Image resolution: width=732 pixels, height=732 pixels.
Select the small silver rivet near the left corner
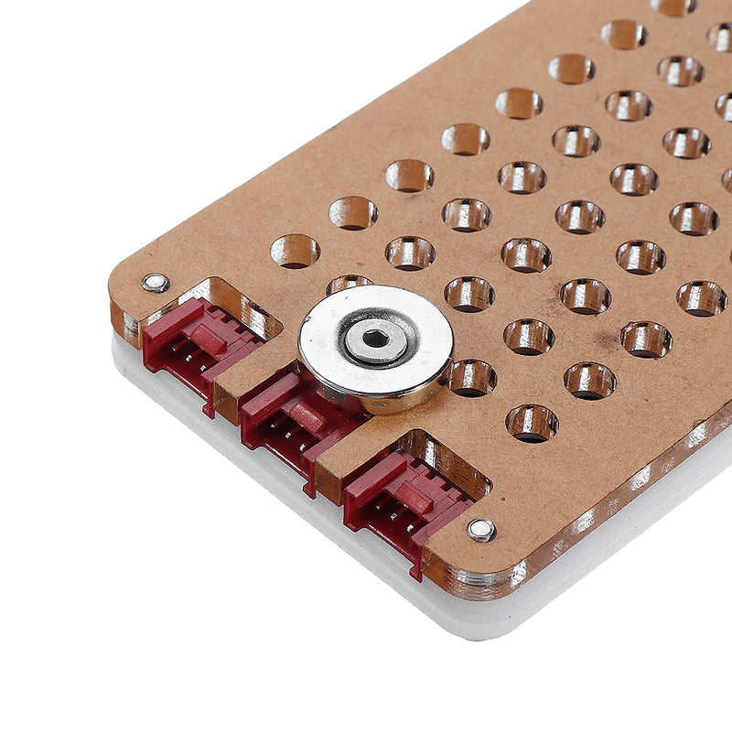pyautogui.click(x=156, y=283)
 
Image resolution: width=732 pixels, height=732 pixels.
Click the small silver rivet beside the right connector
pyautogui.click(x=481, y=529)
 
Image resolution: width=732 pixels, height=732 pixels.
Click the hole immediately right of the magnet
pyautogui.click(x=472, y=377)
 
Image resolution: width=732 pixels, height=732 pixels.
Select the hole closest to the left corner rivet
pyautogui.click(x=295, y=252)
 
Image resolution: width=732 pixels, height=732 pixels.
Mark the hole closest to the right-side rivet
pyautogui.click(x=532, y=423)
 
